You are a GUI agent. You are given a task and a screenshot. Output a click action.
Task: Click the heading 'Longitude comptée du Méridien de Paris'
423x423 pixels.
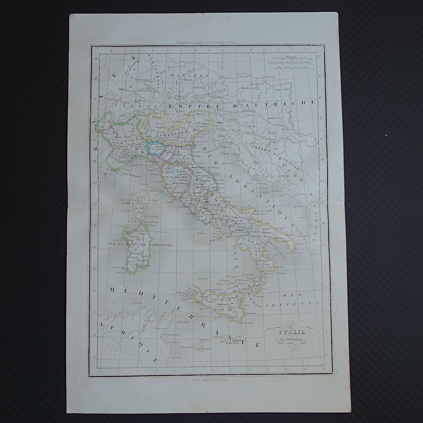208,42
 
